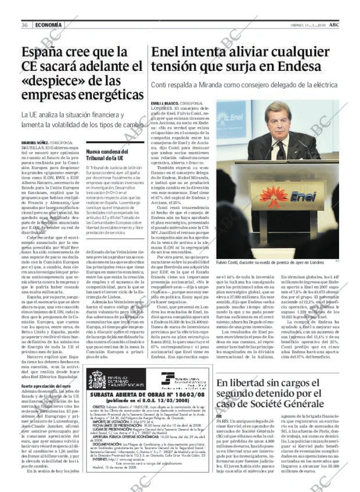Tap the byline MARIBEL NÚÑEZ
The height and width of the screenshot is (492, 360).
tap(35, 143)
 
